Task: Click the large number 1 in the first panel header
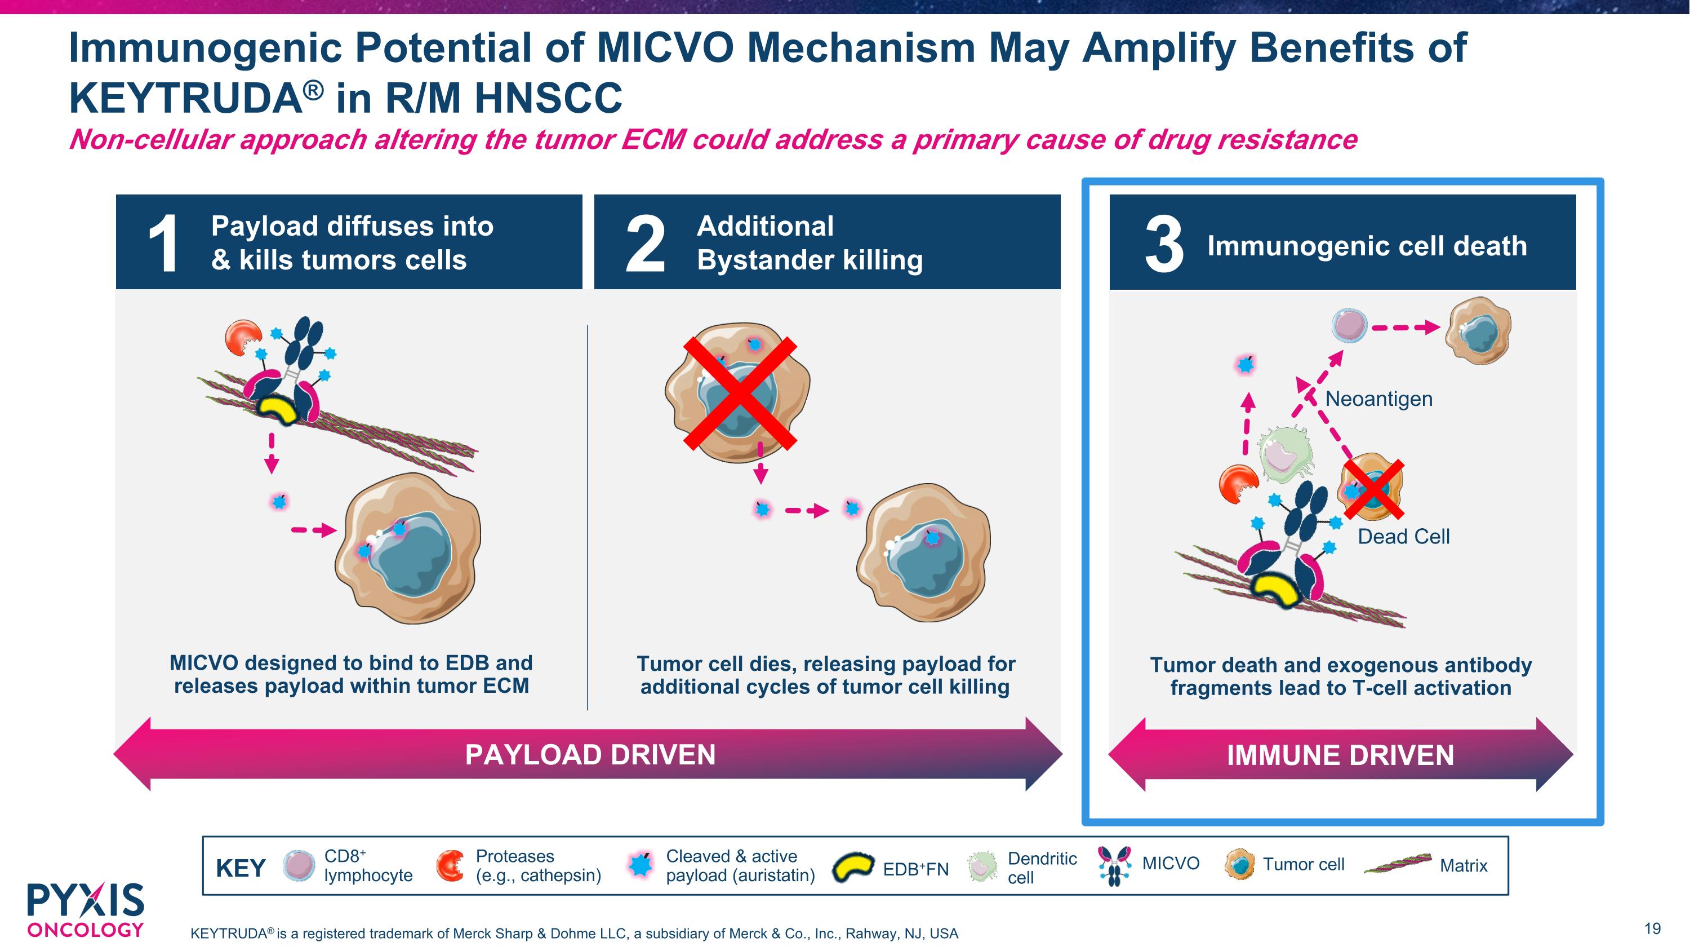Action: tap(163, 244)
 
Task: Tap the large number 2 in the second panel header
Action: tap(646, 244)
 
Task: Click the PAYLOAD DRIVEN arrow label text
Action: tap(590, 754)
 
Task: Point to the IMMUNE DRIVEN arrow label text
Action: tap(1340, 755)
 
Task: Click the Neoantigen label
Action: tap(1378, 399)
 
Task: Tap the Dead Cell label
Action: tap(1403, 536)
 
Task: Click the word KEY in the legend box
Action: tap(240, 868)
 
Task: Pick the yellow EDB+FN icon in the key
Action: tap(853, 868)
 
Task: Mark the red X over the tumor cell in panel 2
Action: tap(740, 393)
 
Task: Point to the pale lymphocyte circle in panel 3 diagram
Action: tap(1350, 325)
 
